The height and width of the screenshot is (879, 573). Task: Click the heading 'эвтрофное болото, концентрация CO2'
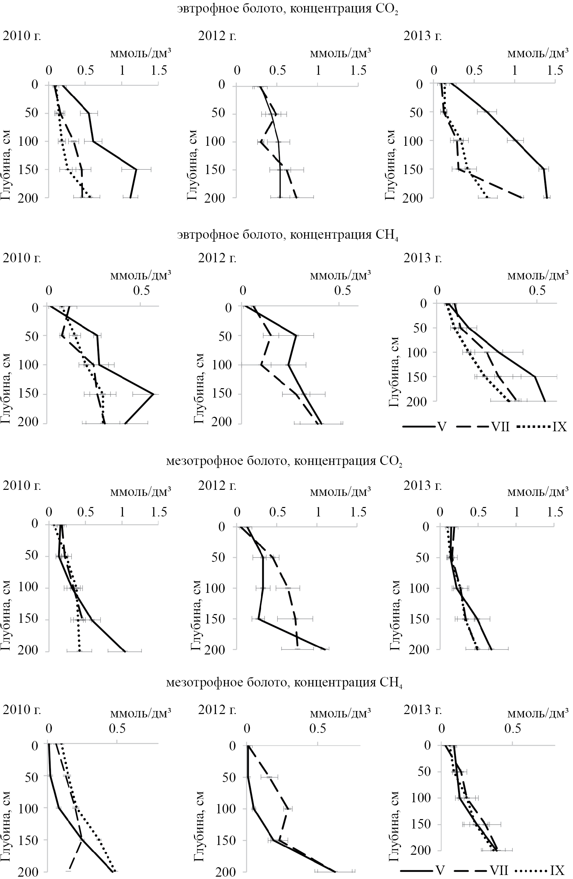[x=287, y=9]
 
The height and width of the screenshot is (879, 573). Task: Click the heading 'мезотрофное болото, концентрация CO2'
[x=284, y=461]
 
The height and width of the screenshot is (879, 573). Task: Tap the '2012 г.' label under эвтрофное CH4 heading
[x=217, y=258]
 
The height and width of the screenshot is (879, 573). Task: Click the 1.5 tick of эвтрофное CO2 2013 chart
[x=555, y=71]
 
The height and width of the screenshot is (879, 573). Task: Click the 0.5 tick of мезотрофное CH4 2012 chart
[x=317, y=728]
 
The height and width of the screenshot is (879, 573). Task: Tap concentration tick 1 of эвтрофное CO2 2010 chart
[x=122, y=71]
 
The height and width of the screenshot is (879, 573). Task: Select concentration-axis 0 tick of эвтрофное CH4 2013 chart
[x=438, y=290]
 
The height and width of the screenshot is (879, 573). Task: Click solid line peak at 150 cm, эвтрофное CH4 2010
[x=153, y=395]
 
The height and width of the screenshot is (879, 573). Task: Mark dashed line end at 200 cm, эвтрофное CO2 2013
[x=521, y=198]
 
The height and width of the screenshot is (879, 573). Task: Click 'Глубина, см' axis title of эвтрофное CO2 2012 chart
[x=192, y=165]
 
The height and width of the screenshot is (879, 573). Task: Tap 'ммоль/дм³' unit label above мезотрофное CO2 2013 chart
[x=538, y=492]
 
